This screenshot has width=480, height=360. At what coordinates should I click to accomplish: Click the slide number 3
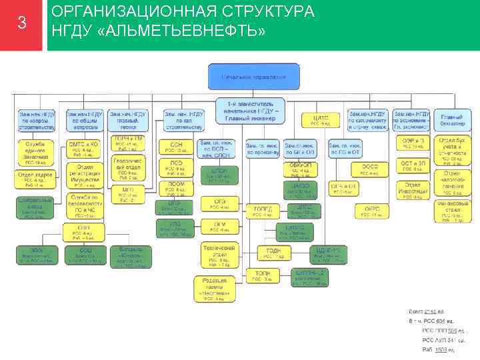click(x=22, y=24)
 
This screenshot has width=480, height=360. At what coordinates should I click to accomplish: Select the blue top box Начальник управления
click(x=253, y=77)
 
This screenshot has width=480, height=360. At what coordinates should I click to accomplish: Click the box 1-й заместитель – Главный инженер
click(x=253, y=111)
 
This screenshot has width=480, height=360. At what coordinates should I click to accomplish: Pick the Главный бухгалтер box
click(x=453, y=121)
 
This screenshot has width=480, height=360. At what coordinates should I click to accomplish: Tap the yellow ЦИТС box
click(x=321, y=121)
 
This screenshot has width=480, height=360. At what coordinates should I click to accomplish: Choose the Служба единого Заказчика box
click(x=35, y=151)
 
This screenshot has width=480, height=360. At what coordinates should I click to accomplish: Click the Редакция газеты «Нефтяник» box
click(x=214, y=289)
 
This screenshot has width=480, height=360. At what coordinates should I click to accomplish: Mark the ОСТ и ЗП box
click(x=412, y=166)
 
